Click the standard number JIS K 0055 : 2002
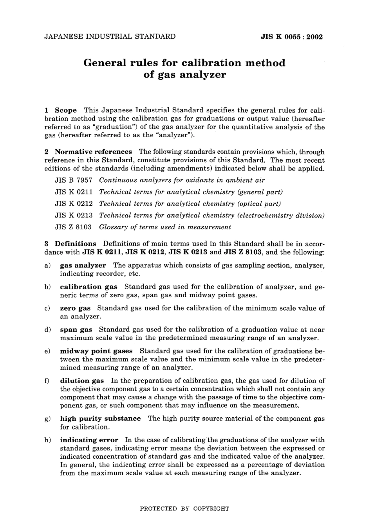(x=292, y=37)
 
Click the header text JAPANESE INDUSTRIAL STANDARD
(x=110, y=37)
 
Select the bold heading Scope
(x=66, y=110)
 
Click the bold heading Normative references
(x=93, y=152)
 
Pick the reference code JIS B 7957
(x=74, y=180)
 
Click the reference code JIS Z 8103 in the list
(x=74, y=227)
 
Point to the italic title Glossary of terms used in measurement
(x=165, y=227)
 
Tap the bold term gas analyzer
(x=83, y=265)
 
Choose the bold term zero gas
(x=75, y=308)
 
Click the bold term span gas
(x=76, y=330)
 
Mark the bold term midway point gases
(x=96, y=351)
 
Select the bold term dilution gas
(x=82, y=381)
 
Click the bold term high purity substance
(x=100, y=418)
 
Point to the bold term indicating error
(x=89, y=440)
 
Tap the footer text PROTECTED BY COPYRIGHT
(x=184, y=508)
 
